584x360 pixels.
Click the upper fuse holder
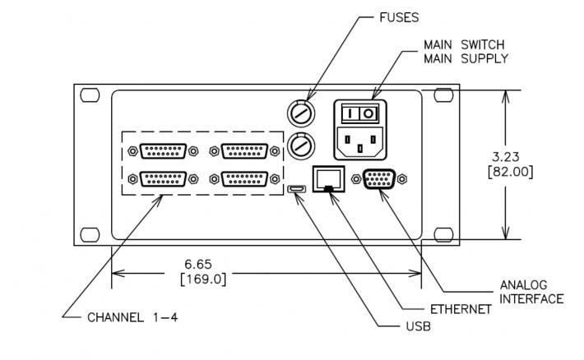pos(300,113)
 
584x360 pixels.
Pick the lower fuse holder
pos(300,145)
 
